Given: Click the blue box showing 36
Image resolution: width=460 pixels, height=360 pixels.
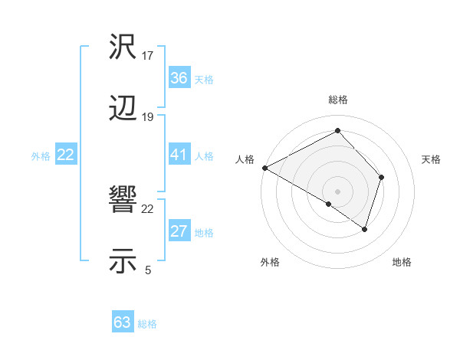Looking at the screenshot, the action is [x=179, y=78].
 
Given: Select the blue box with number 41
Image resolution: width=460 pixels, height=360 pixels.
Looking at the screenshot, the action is [x=179, y=155].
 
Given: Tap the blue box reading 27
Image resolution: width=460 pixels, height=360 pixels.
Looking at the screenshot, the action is [x=179, y=231].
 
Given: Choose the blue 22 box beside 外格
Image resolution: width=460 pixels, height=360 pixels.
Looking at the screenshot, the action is [x=66, y=155].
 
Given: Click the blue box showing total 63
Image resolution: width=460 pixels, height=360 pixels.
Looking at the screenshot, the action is [x=123, y=322].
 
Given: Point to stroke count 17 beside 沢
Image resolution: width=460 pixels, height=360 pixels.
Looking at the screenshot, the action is [x=148, y=56].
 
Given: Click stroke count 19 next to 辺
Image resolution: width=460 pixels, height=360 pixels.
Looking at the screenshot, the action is [x=148, y=117].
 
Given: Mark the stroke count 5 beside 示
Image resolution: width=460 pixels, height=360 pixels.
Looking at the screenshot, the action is [x=147, y=270].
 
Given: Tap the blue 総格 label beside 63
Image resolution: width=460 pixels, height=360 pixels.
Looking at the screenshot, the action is [x=147, y=324].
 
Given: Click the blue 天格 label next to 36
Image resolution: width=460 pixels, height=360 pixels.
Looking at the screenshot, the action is [x=204, y=80].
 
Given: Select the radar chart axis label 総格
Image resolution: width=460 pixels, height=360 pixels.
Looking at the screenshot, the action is [x=338, y=100].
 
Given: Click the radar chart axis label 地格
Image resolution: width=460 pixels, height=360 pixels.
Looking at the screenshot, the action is [x=402, y=263].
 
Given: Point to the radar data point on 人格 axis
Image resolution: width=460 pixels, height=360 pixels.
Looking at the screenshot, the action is [x=264, y=168].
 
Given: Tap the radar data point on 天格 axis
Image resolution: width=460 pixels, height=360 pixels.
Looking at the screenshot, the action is [x=382, y=177].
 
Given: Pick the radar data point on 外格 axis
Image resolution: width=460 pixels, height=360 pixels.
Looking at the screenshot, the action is [x=329, y=204].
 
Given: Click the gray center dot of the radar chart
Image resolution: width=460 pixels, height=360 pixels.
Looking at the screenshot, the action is [x=337, y=191].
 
